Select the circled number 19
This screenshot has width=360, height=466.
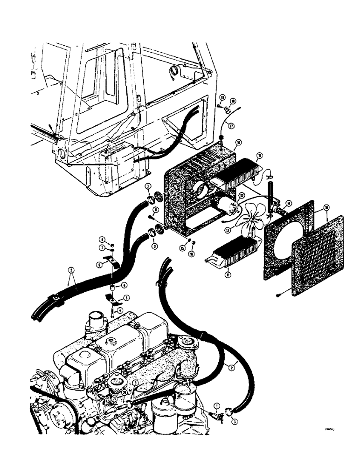232,100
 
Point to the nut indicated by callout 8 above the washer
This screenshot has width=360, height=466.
112,240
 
